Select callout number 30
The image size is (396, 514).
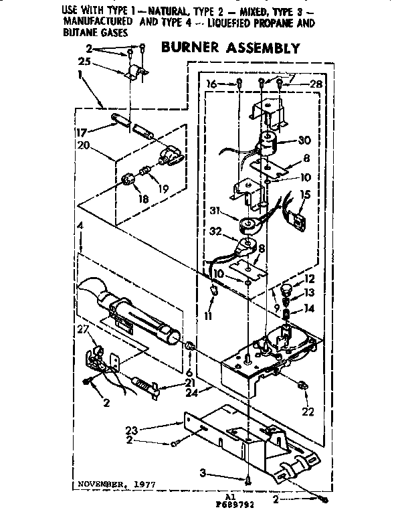click(x=305, y=141)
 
